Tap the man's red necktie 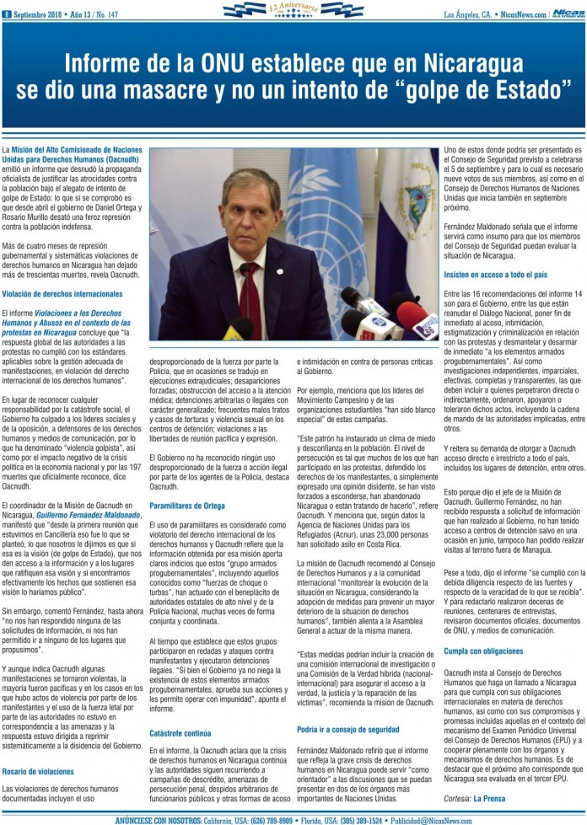click(x=250, y=295)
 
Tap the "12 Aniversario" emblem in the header click(x=293, y=10)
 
